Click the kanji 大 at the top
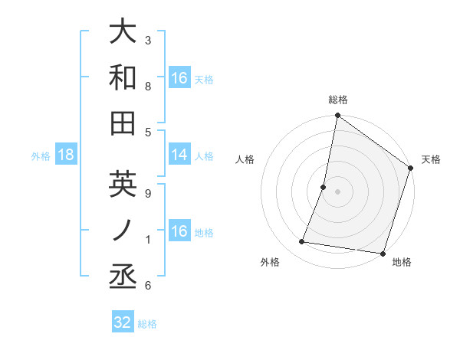pos(123,32)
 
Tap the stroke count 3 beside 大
pos(148,40)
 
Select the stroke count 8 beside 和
pos(148,87)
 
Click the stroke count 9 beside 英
pos(148,194)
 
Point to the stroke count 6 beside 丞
pos(148,286)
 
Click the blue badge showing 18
pos(65,155)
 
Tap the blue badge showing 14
pos(179,155)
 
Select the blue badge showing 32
pos(123,322)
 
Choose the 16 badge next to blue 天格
pos(179,78)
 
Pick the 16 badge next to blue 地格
pos(179,231)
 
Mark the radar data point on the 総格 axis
pos(337,116)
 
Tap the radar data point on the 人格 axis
pos(324,187)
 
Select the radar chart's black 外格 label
pos(270,262)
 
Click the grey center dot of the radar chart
pos(337,191)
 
